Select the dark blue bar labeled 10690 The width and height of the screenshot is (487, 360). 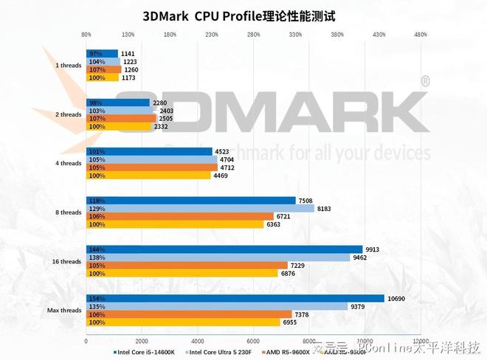(x=235, y=298)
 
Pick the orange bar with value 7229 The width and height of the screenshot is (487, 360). (x=187, y=266)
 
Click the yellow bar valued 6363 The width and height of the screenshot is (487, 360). (x=175, y=224)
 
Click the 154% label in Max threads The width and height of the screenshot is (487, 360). (x=95, y=298)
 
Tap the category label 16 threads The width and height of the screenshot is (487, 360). (x=66, y=261)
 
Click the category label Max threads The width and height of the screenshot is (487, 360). (x=65, y=311)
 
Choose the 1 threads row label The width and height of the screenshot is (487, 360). (x=68, y=65)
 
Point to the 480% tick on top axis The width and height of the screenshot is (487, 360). (x=421, y=34)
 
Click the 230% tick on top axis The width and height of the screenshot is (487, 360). (x=212, y=34)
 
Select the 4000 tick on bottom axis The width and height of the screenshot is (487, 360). (x=198, y=341)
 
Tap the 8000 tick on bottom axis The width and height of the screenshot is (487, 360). (x=309, y=341)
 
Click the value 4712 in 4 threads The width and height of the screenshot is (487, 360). (x=229, y=167)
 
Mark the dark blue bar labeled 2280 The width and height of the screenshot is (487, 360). (x=118, y=103)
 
